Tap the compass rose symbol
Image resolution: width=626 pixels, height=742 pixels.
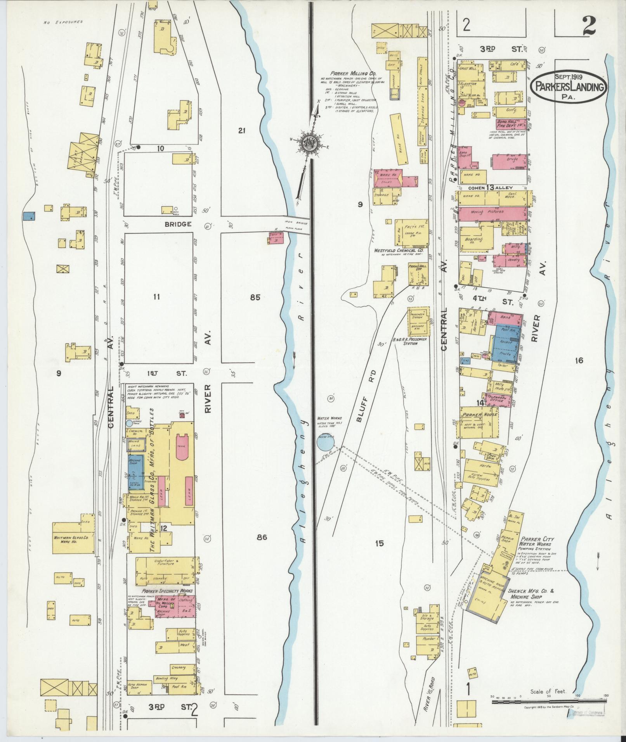[310, 143]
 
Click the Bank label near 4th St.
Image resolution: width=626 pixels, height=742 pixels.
[505, 317]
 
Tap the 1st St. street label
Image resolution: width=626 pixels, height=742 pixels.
[168, 374]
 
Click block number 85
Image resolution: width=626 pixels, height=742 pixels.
[255, 298]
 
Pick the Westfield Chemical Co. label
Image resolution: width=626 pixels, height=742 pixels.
[398, 251]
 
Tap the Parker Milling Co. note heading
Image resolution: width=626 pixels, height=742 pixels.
[350, 73]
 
